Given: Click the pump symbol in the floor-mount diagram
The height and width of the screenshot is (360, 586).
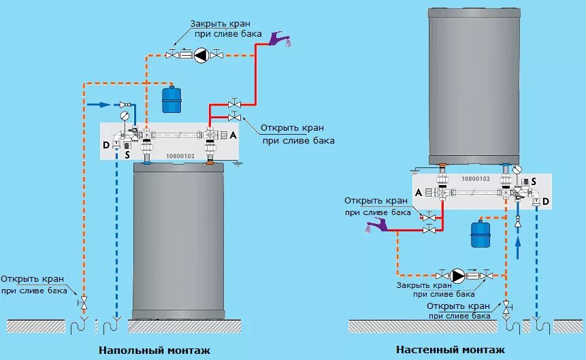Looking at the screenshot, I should point(201,54).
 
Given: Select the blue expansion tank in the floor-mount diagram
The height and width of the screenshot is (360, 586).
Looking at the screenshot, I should point(171,99).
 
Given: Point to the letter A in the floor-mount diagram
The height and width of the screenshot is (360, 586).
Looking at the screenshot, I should point(233,135).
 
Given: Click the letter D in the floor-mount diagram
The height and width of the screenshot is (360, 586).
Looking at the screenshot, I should point(105,144).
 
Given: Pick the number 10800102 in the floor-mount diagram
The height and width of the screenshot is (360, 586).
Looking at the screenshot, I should point(180,156).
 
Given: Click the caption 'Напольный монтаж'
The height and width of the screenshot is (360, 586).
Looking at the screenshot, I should point(154,350).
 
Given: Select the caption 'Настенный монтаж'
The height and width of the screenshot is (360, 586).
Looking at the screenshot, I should point(451,350).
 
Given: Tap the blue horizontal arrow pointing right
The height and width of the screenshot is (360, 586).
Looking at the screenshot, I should point(99,105).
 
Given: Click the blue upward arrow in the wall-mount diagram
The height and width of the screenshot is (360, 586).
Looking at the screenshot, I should point(517,244).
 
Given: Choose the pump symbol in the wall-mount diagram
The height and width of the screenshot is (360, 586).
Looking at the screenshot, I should point(458,276).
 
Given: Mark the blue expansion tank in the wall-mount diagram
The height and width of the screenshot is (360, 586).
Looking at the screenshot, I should point(481,233).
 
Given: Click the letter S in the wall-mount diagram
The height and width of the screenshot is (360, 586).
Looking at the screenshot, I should point(534,181).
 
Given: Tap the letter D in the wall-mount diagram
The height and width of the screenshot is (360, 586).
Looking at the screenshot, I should point(546,202).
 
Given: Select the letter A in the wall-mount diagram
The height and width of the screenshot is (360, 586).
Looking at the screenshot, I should point(419,193).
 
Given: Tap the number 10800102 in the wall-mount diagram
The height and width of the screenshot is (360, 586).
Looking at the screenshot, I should point(475,178).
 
